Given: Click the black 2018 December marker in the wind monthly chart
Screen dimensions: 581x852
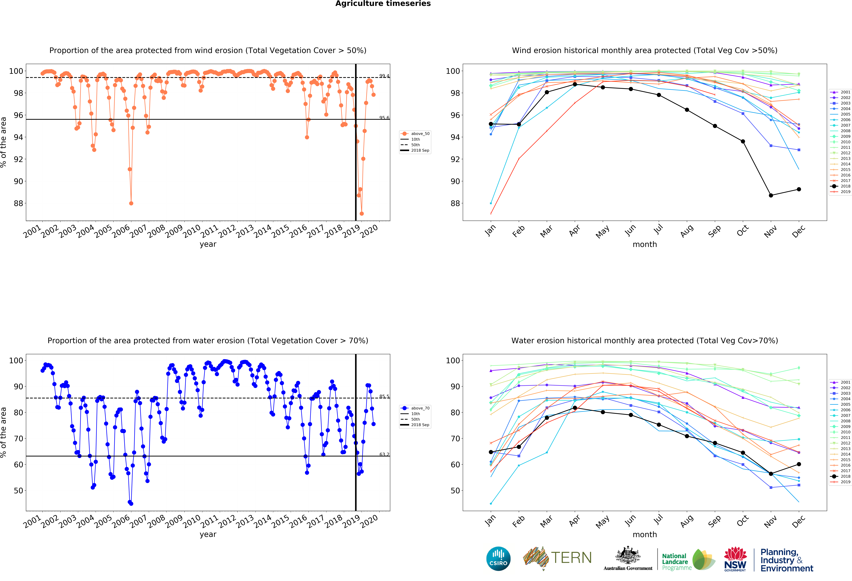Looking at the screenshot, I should [x=799, y=189].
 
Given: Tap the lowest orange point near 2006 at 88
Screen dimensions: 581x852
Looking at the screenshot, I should [x=131, y=203].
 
